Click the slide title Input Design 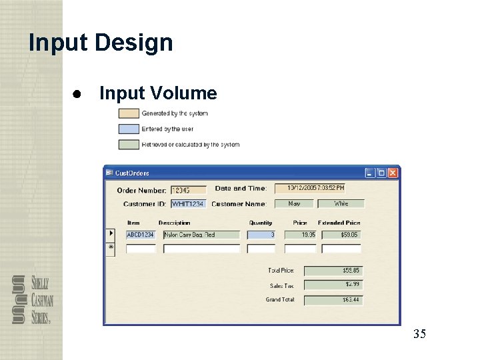click(101, 43)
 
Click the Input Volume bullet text click(158, 93)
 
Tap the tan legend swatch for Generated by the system click(129, 113)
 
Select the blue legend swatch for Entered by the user click(129, 129)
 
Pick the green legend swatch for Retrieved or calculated click(129, 144)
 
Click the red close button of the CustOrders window click(393, 173)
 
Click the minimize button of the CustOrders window click(370, 173)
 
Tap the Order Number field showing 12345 click(189, 190)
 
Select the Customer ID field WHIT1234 click(189, 203)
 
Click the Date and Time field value click(310, 189)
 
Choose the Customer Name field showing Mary click(294, 203)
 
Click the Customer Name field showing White click(341, 203)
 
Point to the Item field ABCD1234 click(141, 235)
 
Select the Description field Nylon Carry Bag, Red click(201, 235)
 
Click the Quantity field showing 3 click(261, 235)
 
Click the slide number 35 click(419, 334)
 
